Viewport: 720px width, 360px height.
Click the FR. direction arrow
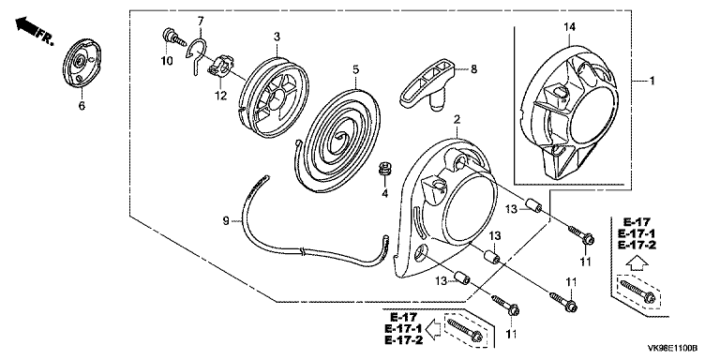point(27,26)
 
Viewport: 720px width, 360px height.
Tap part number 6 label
point(82,106)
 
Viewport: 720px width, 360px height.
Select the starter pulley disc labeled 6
point(82,60)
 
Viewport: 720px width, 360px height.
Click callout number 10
point(167,61)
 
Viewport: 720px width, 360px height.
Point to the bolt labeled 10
point(173,37)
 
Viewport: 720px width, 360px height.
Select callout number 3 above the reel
point(277,36)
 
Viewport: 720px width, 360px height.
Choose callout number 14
point(569,27)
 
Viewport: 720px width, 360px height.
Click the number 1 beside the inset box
point(652,81)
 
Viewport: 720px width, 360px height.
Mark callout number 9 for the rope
point(225,222)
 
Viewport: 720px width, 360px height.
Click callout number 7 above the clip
point(201,21)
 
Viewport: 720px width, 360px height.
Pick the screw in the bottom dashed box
point(464,329)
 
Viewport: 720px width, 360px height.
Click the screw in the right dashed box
point(637,291)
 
